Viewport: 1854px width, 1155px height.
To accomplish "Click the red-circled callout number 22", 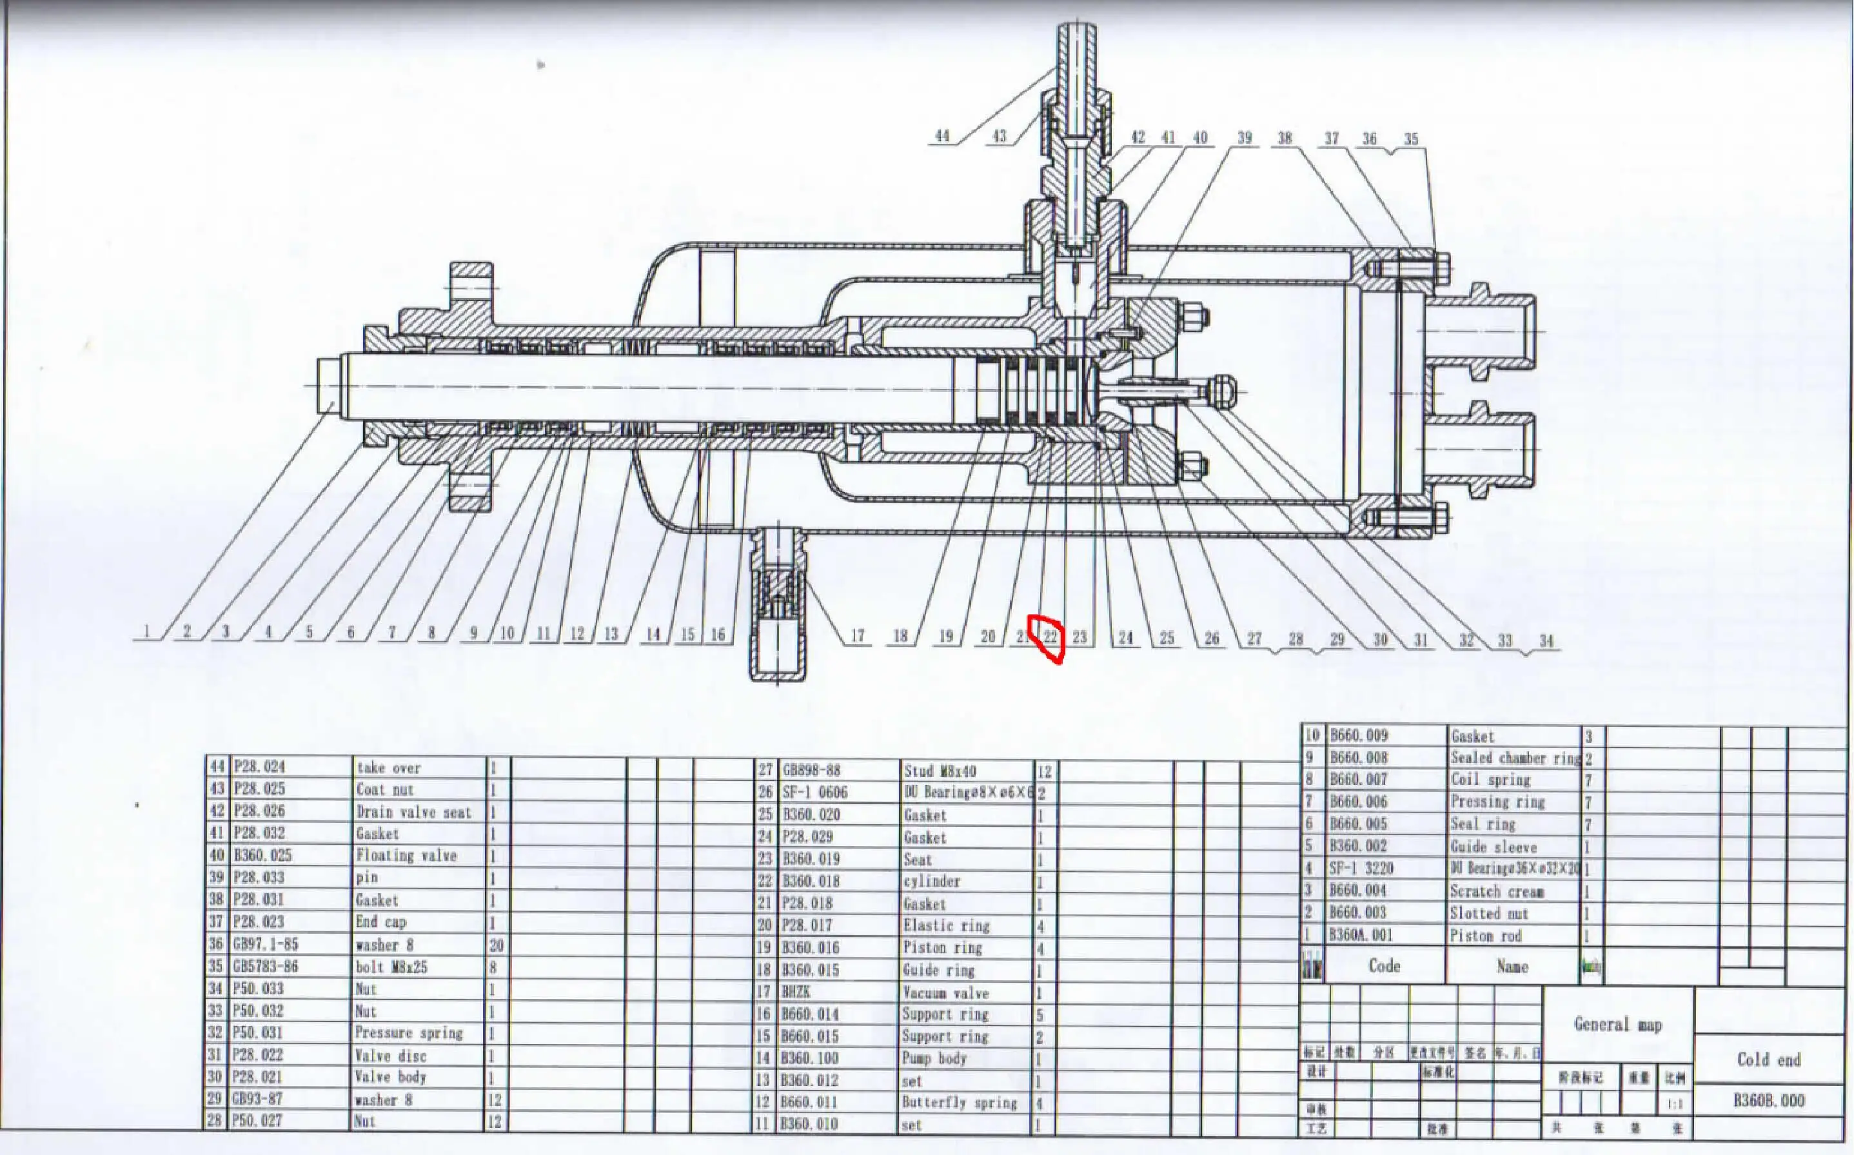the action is [1051, 637].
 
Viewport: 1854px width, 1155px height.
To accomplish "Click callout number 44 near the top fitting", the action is [942, 136].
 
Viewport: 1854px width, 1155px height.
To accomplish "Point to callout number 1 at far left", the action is [146, 633].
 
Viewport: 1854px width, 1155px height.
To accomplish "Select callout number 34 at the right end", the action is [1546, 640].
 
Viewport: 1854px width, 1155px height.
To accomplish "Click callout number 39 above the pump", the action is [1245, 137].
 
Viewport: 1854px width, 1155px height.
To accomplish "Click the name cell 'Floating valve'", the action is [406, 856].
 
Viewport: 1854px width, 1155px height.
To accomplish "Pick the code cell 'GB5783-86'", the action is [265, 966].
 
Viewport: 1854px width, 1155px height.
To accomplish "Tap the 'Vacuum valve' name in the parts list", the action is [946, 993].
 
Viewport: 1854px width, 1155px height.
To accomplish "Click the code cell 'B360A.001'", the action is [1360, 935].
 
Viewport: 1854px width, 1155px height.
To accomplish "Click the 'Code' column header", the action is [1383, 966].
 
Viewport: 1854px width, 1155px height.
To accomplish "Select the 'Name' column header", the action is [1512, 966].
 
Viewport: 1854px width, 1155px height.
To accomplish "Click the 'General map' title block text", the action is [1617, 1024].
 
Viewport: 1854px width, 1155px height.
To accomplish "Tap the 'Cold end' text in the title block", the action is [1768, 1060].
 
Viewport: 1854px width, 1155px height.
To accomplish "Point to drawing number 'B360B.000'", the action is [1768, 1101].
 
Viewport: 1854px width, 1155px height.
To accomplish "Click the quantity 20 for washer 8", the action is [496, 945].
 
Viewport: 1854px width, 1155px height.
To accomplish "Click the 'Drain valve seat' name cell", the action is [413, 811].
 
